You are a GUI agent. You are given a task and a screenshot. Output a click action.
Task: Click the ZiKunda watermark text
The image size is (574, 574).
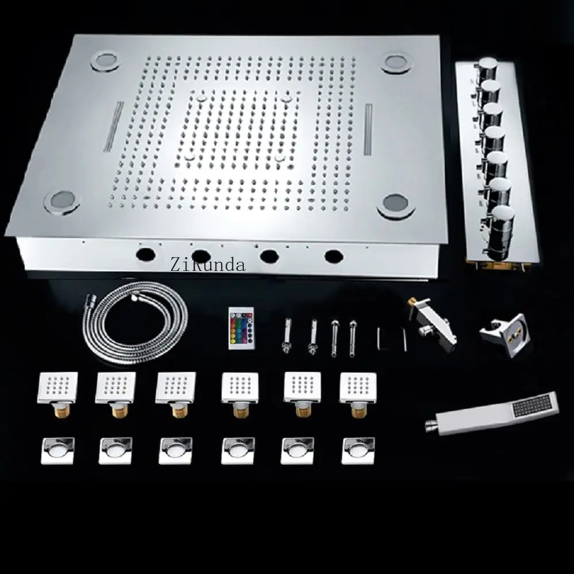[x=208, y=264]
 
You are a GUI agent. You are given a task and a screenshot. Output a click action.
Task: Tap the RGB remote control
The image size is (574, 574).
[x=241, y=328]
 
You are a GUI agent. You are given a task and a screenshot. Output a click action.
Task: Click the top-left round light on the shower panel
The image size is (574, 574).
[x=106, y=61]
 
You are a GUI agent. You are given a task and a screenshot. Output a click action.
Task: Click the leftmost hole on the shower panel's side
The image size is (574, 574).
[x=146, y=253]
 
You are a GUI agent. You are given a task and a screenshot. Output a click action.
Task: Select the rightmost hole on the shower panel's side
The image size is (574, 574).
[x=333, y=255]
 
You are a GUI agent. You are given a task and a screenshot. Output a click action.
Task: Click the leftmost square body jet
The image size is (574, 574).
[x=58, y=391]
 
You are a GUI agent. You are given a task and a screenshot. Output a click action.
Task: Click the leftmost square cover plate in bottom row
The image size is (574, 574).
[x=57, y=450]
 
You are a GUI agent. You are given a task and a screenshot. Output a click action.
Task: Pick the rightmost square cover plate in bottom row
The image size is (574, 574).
[x=358, y=451]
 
